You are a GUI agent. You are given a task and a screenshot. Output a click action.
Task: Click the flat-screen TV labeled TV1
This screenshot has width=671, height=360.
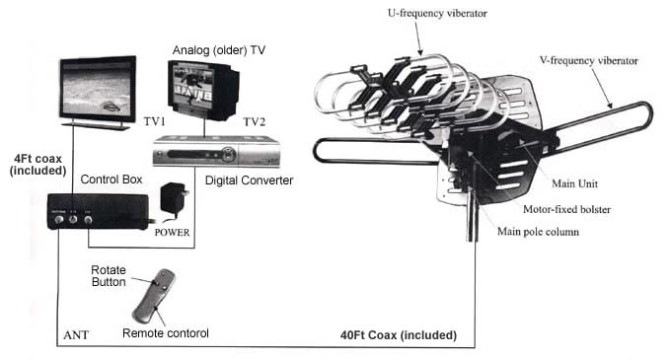tap(98, 93)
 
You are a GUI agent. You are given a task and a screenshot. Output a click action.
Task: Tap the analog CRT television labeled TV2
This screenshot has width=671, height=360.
tap(203, 90)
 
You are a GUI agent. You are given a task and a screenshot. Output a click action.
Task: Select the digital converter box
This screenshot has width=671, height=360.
tap(216, 151)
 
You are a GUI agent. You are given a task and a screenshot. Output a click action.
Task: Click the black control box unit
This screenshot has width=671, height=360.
tap(98, 212)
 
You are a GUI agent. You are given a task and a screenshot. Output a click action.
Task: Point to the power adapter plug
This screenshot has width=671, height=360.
tap(175, 198)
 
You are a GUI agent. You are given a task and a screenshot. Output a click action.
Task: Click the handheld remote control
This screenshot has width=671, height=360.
tap(154, 296)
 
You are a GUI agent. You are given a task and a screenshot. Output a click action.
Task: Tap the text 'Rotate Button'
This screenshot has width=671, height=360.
tap(109, 276)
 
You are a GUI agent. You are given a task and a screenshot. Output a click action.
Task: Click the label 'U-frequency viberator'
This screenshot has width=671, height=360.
tap(437, 13)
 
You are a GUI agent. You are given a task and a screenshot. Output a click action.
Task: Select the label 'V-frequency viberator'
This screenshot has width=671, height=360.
tap(589, 61)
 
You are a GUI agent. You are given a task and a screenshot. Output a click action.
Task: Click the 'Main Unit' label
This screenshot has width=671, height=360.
tap(574, 183)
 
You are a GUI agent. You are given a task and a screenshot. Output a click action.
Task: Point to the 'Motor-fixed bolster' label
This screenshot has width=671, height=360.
tap(567, 209)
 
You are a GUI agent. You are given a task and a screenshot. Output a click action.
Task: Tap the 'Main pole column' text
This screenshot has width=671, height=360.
tap(538, 232)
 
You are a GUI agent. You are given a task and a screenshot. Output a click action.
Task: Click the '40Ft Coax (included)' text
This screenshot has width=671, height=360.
tap(399, 335)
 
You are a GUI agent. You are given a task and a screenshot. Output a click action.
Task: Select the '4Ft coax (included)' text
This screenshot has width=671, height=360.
tap(38, 165)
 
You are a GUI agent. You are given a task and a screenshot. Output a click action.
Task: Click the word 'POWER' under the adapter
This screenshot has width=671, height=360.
tap(172, 233)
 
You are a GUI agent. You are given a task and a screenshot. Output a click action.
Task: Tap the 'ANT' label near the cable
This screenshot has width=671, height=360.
tap(76, 335)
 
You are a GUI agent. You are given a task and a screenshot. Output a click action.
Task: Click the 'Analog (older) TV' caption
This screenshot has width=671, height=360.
tap(219, 50)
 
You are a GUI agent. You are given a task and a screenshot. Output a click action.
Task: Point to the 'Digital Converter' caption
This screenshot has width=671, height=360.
tap(249, 180)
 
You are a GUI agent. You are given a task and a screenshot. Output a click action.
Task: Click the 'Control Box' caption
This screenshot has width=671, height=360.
tap(112, 180)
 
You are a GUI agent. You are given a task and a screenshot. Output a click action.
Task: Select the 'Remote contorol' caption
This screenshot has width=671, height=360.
tap(166, 333)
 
